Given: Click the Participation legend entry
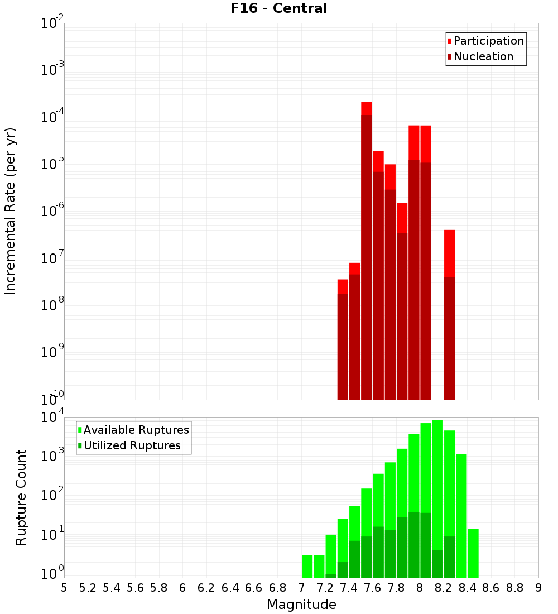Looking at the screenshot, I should (x=489, y=41).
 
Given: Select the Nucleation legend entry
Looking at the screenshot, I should (x=483, y=56).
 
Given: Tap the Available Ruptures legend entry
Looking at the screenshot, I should (x=136, y=430).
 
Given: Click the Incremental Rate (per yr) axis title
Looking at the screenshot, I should (x=11, y=211).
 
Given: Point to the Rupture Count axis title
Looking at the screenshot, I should (x=21, y=497).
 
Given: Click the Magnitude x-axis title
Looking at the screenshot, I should (x=301, y=605).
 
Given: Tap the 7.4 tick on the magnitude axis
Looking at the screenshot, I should (x=349, y=588).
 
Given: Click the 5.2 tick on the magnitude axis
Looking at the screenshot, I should (x=88, y=588).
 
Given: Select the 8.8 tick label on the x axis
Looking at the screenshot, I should (x=514, y=588).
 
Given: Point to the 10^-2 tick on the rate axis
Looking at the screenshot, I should (x=52, y=23).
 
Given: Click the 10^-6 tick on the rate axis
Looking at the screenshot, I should (x=52, y=211).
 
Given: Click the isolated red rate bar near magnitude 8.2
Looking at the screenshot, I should (x=450, y=313).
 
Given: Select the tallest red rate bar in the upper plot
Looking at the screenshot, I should (x=367, y=251).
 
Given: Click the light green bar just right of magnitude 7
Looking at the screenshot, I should (x=307, y=566).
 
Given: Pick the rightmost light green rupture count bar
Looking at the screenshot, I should (x=473, y=553).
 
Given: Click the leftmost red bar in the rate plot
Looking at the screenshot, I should (x=343, y=340).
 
